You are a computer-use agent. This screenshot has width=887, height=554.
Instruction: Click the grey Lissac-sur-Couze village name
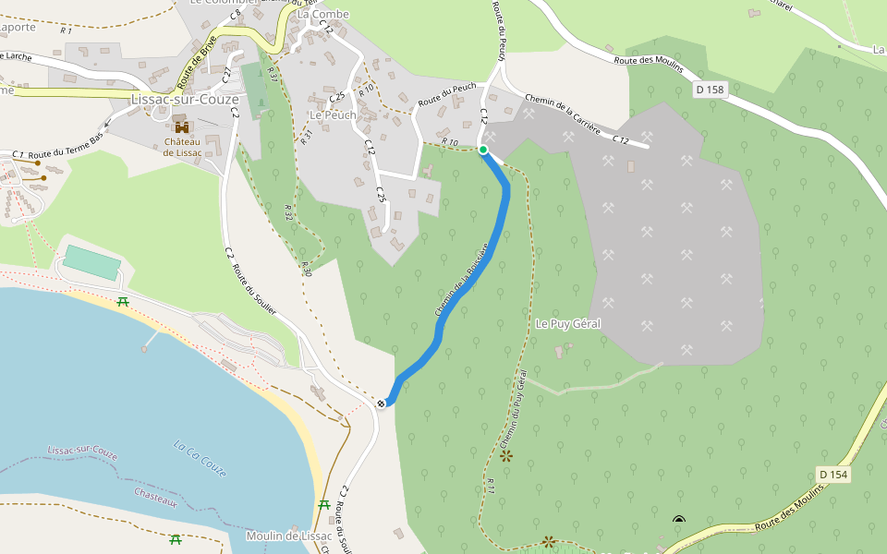point(185,100)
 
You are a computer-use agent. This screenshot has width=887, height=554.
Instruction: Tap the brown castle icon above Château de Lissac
point(182,126)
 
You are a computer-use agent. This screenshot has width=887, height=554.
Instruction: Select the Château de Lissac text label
point(182,147)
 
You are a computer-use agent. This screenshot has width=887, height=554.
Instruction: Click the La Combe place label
point(322,14)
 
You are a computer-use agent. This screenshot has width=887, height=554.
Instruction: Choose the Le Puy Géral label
point(568,324)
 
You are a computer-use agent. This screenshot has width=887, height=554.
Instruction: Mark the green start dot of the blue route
point(483,149)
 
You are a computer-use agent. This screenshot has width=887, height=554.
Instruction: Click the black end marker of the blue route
point(382,403)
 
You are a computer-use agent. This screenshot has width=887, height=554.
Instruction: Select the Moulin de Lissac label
point(288,536)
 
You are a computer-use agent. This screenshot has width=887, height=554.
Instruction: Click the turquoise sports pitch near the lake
point(92,262)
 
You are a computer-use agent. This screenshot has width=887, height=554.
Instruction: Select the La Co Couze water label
point(200,458)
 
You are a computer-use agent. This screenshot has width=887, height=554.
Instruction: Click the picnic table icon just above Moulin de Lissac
point(324,504)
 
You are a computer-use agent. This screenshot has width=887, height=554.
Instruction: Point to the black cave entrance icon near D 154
point(679,520)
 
